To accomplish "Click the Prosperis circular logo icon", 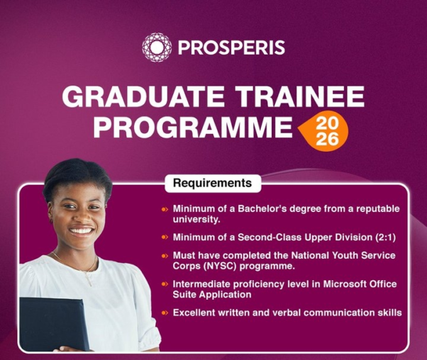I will pyautogui.click(x=156, y=47).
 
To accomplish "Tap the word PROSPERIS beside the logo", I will pyautogui.click(x=231, y=48).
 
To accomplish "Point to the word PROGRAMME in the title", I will pyautogui.click(x=192, y=128).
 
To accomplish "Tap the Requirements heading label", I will pyautogui.click(x=213, y=184).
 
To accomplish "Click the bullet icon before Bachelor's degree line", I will pyautogui.click(x=165, y=209).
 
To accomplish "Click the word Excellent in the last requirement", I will pyautogui.click(x=196, y=312).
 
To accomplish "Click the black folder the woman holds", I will pyautogui.click(x=54, y=323).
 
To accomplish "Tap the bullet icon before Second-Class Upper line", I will pyautogui.click(x=165, y=237).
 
